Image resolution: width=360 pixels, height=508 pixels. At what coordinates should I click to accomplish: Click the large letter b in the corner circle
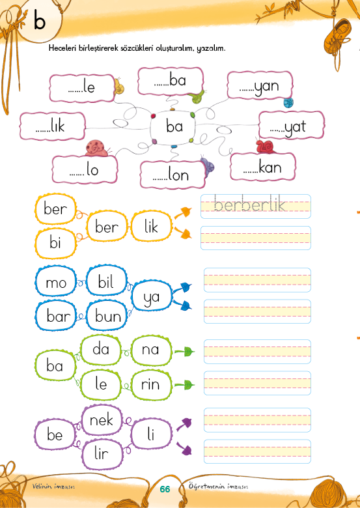pos(40,20)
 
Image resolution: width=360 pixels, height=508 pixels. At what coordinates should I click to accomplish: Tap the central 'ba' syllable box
pos(173,126)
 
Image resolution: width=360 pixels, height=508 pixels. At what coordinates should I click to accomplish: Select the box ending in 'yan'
pos(260,85)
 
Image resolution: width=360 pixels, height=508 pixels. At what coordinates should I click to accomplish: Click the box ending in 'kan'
pos(263,167)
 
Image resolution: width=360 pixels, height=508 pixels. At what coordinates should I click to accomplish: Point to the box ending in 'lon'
pos(173,175)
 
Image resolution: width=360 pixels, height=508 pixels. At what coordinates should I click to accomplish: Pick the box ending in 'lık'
pos(53,126)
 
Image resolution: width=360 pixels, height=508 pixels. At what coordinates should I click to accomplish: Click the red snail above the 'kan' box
pos(266,147)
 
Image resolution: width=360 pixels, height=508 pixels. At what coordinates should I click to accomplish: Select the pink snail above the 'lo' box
pos(97,148)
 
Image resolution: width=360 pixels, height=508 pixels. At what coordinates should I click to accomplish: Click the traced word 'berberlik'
pos(249,205)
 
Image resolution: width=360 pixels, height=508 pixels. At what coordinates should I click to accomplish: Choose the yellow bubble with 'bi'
pos(55,242)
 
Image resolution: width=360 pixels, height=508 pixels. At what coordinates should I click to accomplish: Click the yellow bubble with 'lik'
pos(151,226)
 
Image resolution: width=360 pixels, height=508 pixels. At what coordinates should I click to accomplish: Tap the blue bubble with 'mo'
pos(56,282)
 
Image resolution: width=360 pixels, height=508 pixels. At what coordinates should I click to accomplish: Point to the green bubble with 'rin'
pos(151,384)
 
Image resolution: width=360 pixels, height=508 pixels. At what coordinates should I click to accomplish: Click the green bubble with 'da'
pos(101,350)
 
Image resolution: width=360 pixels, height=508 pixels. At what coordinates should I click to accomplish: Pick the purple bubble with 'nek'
pos(102,420)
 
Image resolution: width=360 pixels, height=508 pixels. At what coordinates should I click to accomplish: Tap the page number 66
pos(165,489)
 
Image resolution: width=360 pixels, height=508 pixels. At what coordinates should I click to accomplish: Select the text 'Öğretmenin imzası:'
pos(219,487)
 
